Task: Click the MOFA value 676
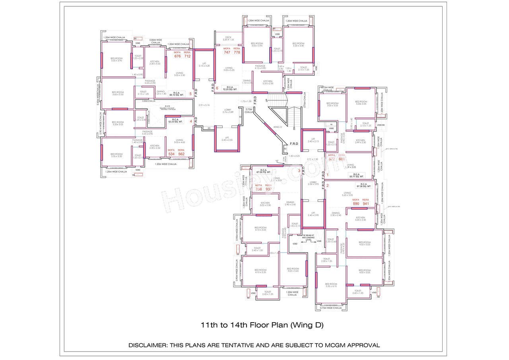point(177,56)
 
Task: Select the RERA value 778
point(237,53)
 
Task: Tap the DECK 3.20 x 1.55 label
point(228,39)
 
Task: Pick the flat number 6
point(217,88)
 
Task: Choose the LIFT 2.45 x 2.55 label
point(227,139)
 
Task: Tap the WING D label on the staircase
point(278,127)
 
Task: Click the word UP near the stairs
point(266,100)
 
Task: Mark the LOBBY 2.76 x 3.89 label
point(228,111)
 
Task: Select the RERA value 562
point(181,154)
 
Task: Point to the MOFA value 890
point(356,204)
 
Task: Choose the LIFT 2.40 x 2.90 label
point(313,214)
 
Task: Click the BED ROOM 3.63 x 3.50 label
point(118,93)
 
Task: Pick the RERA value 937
point(269,189)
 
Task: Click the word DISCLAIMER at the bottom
point(147,345)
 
